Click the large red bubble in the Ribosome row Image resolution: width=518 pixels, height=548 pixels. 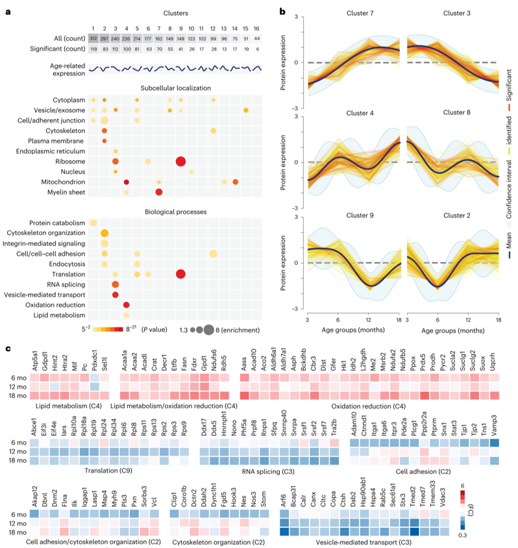(180, 161)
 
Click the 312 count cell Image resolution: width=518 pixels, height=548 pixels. (93, 39)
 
